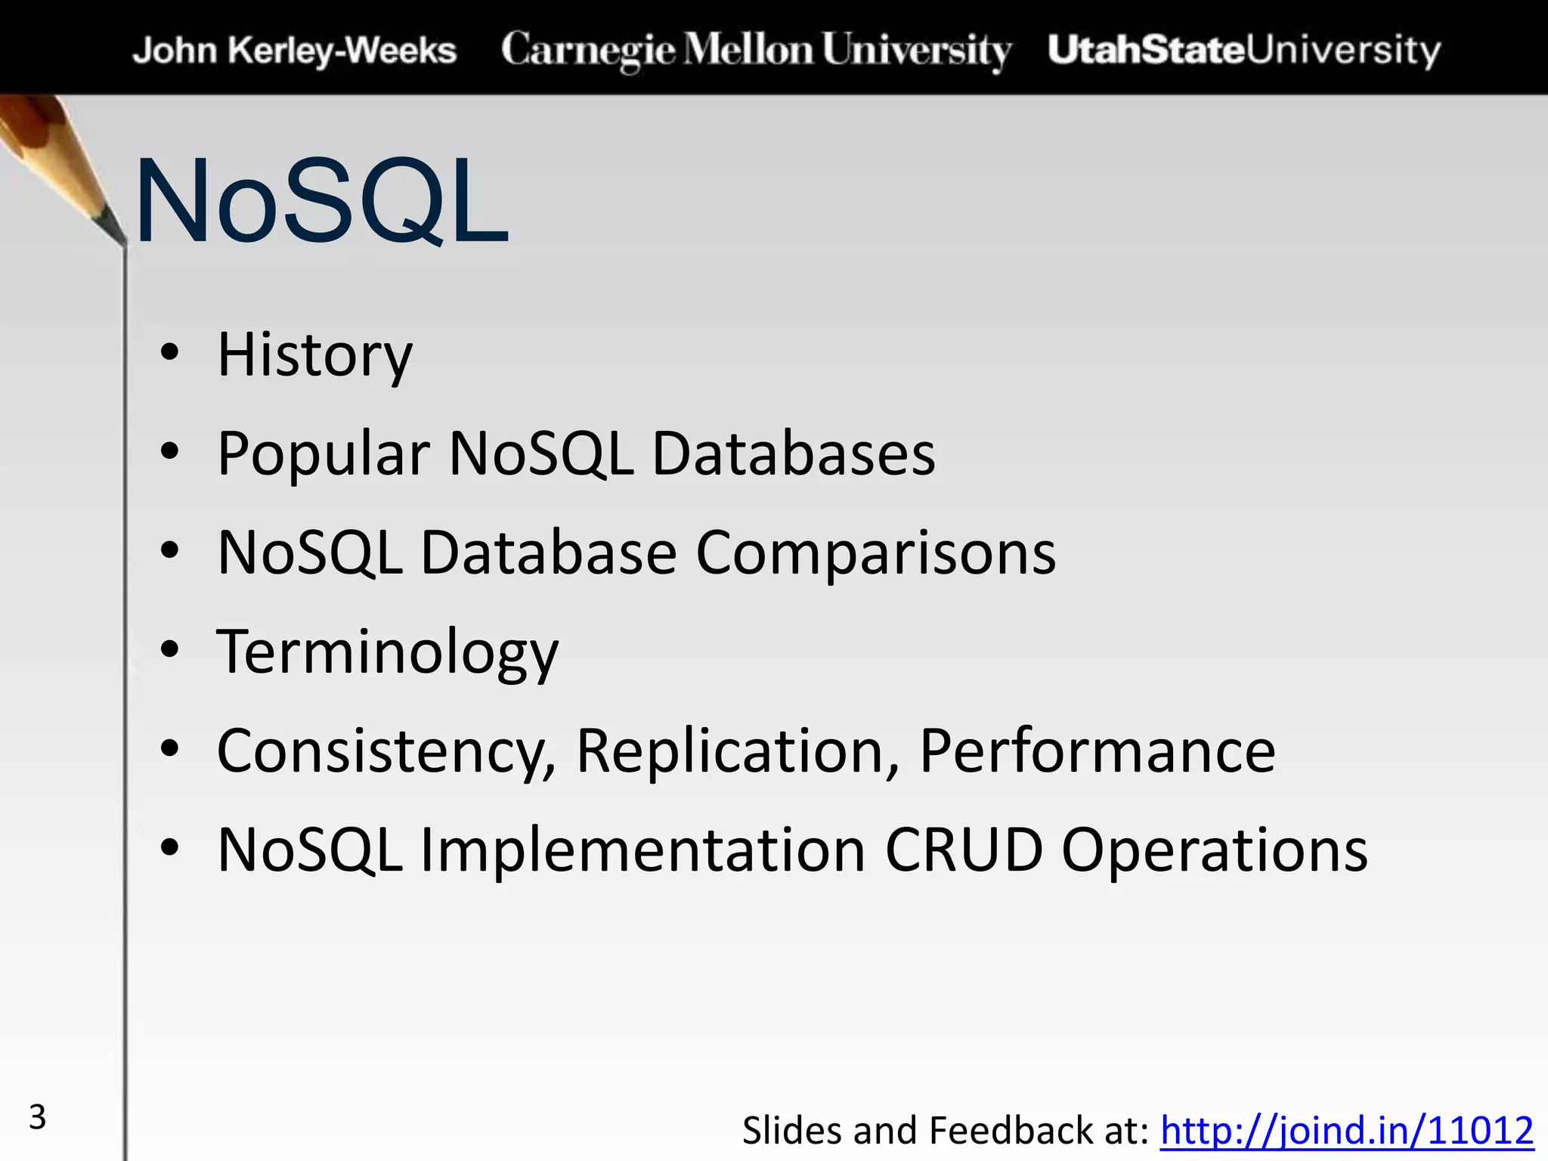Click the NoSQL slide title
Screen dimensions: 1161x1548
click(321, 202)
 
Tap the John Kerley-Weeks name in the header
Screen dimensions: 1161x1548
click(295, 51)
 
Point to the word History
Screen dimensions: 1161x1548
click(314, 354)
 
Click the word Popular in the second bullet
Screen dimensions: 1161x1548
click(324, 454)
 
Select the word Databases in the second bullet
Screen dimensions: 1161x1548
click(794, 454)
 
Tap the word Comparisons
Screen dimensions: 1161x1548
click(875, 553)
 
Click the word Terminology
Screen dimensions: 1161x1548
click(387, 652)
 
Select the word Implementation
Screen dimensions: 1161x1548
click(642, 850)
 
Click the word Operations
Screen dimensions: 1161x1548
click(1215, 850)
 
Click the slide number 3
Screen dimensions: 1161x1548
click(37, 1117)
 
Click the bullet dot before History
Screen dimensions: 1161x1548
click(170, 352)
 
